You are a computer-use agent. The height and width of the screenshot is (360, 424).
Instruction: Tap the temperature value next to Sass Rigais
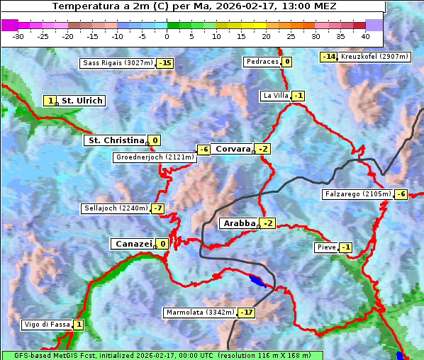[165, 63]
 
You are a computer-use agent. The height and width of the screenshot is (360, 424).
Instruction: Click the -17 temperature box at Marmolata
[246, 313]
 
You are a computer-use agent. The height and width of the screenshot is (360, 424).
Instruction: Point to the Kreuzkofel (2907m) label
[372, 56]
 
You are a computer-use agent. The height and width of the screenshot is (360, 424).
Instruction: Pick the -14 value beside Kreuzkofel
[328, 56]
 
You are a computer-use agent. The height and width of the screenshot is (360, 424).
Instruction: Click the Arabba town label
[239, 223]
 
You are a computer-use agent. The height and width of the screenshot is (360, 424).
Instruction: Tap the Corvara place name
[233, 149]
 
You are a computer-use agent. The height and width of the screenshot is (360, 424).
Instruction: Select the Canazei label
[133, 244]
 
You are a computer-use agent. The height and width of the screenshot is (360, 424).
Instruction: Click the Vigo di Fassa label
[48, 325]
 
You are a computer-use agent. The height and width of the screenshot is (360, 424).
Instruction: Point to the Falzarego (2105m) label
[357, 194]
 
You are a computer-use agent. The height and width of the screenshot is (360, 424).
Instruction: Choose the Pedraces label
[262, 62]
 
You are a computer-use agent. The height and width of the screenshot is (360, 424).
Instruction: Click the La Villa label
[275, 96]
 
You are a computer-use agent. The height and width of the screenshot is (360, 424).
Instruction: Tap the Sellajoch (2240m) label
[115, 208]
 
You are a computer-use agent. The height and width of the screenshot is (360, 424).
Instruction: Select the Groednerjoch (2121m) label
[155, 157]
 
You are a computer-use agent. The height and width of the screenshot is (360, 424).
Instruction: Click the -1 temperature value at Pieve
[345, 247]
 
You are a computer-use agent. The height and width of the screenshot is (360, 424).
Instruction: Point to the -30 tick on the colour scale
[18, 35]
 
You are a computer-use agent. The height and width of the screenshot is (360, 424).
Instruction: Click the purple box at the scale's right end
[374, 25]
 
